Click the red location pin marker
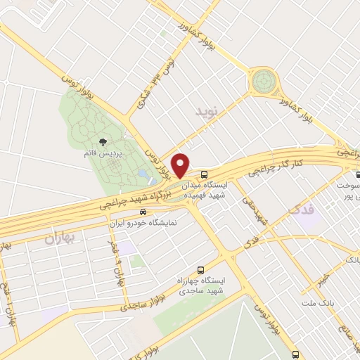tap(181, 165)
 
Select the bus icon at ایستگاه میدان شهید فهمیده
tap(204, 173)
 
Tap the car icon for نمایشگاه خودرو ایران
tap(143, 210)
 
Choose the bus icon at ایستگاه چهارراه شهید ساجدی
tap(200, 269)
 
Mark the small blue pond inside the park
tap(143, 172)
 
